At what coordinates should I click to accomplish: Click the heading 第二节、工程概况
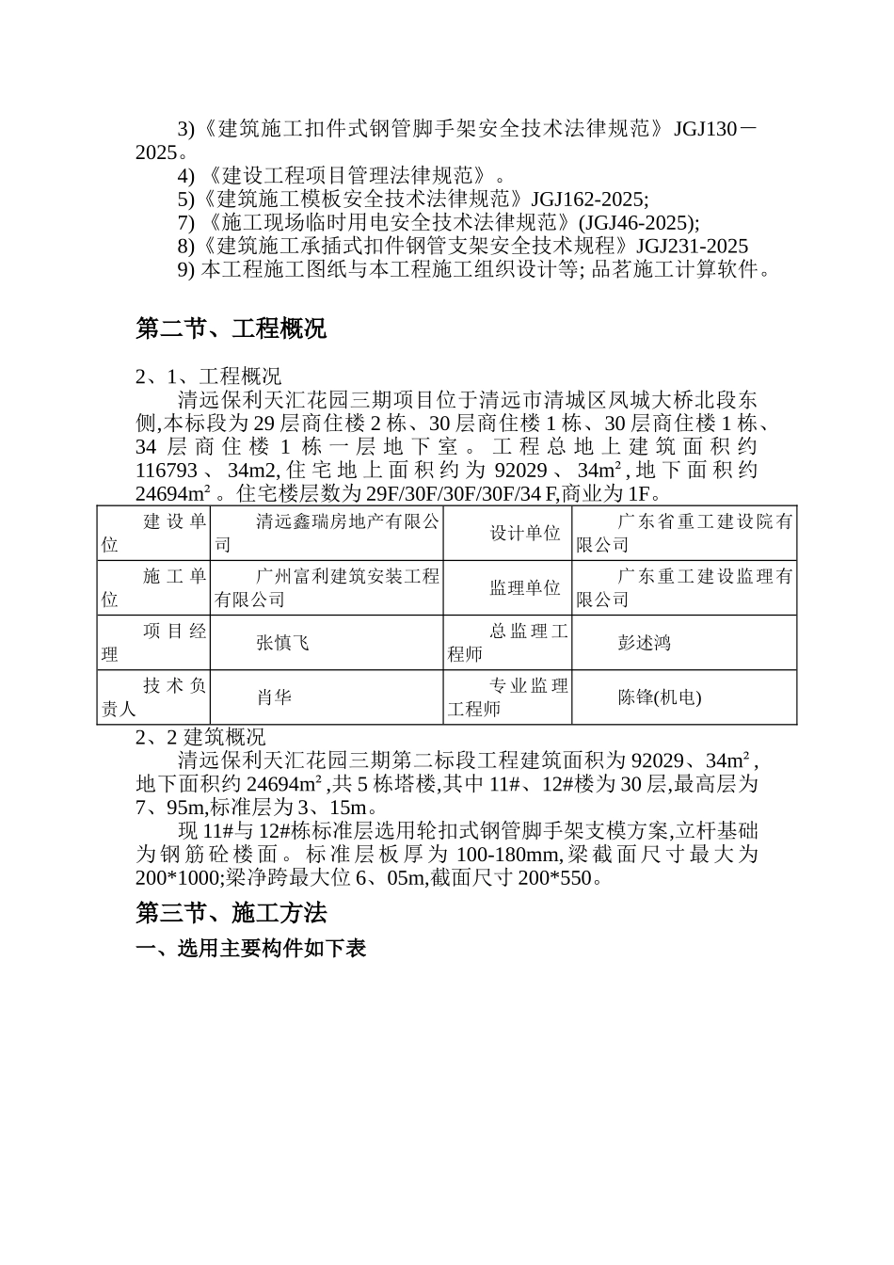tap(231, 328)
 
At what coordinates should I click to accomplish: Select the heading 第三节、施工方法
tap(231, 913)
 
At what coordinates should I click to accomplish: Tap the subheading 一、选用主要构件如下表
tap(250, 949)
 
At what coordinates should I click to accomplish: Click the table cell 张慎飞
tap(282, 643)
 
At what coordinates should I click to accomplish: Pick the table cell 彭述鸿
tap(645, 643)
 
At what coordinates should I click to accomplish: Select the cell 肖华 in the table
tap(274, 697)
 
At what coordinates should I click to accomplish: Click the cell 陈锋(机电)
tap(660, 697)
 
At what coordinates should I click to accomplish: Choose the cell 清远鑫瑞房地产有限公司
tap(327, 533)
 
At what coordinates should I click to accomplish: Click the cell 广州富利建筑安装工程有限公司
tap(327, 587)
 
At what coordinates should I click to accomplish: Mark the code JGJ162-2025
tap(588, 200)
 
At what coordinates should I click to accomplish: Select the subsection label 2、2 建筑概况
tap(200, 737)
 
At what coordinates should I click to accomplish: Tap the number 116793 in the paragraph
tap(167, 470)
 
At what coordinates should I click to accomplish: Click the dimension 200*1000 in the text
tap(178, 878)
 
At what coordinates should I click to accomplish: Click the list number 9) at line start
tap(185, 270)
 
